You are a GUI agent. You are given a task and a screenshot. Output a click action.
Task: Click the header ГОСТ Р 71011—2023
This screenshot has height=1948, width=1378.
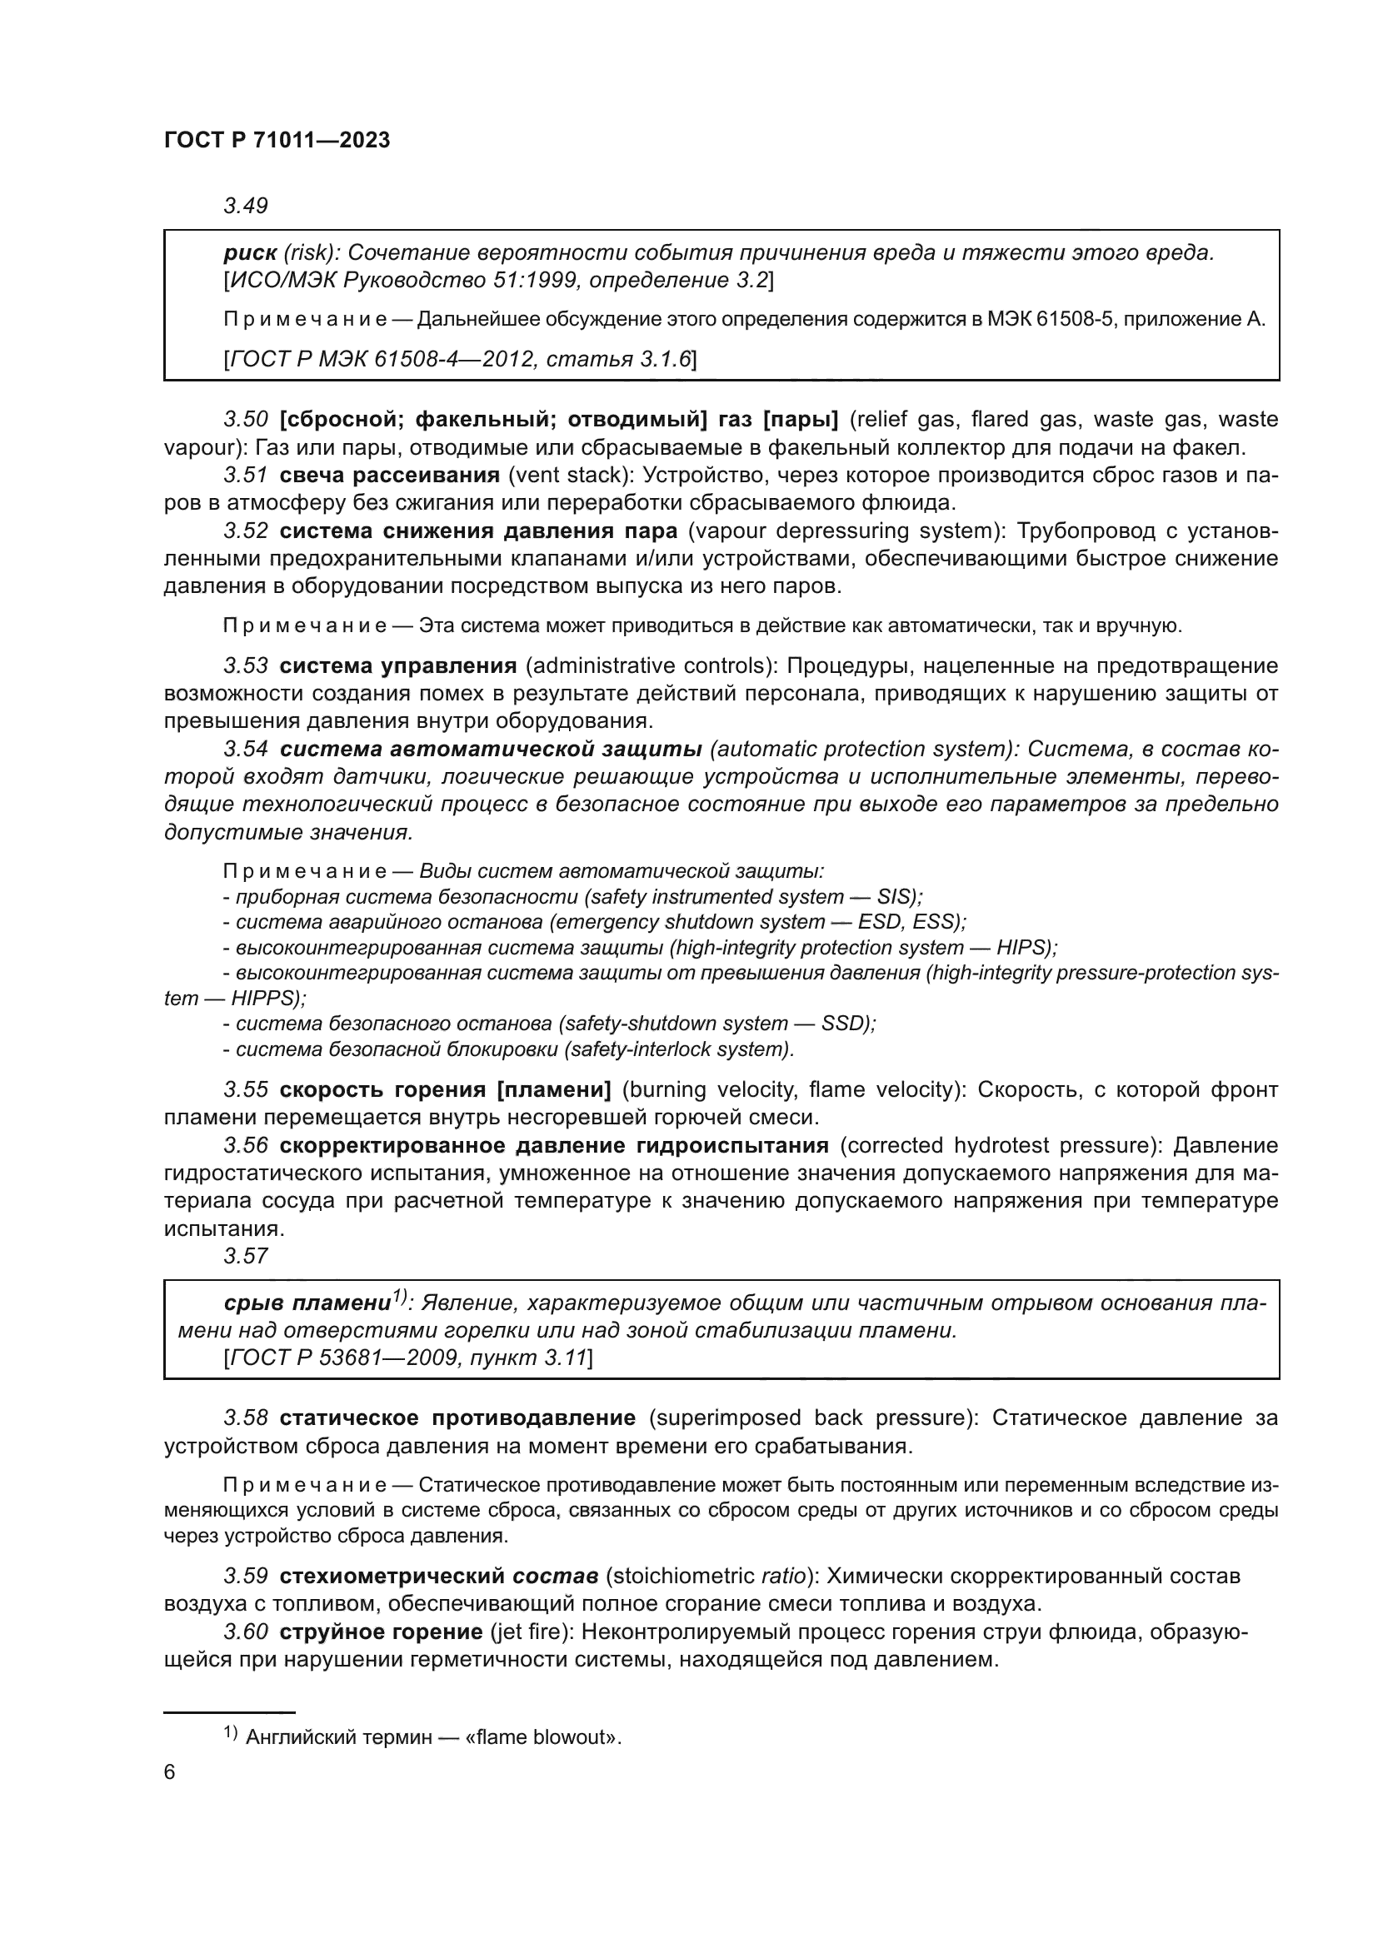(x=277, y=141)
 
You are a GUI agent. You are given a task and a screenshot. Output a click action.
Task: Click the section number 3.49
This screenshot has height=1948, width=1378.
(x=245, y=206)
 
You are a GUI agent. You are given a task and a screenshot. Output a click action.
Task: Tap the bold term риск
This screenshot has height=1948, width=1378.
(x=250, y=253)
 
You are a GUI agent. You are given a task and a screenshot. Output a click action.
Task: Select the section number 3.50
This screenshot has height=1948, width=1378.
(x=245, y=419)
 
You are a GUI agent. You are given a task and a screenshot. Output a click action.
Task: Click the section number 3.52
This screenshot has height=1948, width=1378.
(x=245, y=531)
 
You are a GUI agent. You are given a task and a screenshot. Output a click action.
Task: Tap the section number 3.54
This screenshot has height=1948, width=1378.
(x=245, y=750)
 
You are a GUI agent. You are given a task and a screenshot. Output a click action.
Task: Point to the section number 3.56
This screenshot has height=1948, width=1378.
(x=245, y=1145)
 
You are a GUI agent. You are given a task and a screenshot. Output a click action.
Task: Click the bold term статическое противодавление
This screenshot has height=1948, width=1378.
(x=457, y=1417)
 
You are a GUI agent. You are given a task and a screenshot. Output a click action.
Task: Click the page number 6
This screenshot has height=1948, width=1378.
(x=170, y=1772)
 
